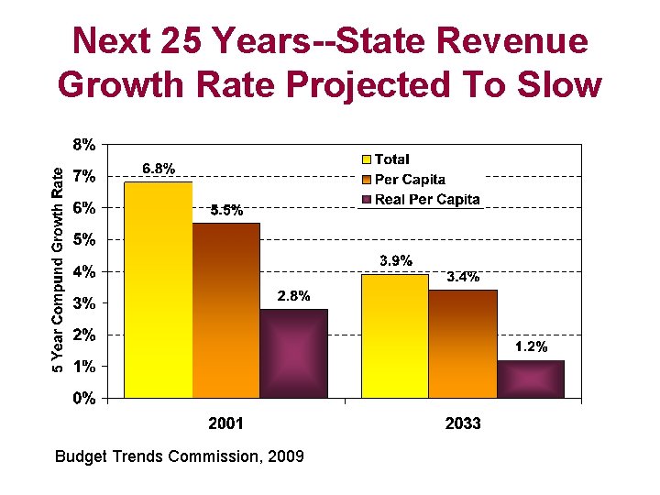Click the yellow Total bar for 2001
point(159,290)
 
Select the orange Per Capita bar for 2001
point(226,310)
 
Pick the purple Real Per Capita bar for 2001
point(293,353)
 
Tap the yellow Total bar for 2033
point(395,335)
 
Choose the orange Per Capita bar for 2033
point(463,344)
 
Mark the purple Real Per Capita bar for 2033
point(530,379)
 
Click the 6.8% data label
point(159,169)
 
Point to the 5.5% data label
point(226,210)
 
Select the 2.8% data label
point(293,296)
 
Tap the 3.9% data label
point(396,261)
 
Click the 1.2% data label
point(531,346)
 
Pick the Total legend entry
point(391,159)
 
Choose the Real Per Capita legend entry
point(426,199)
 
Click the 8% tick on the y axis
point(84,144)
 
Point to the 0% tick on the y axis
point(84,398)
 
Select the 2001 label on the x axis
point(225,423)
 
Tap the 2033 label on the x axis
point(463,423)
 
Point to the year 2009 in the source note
point(286,456)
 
